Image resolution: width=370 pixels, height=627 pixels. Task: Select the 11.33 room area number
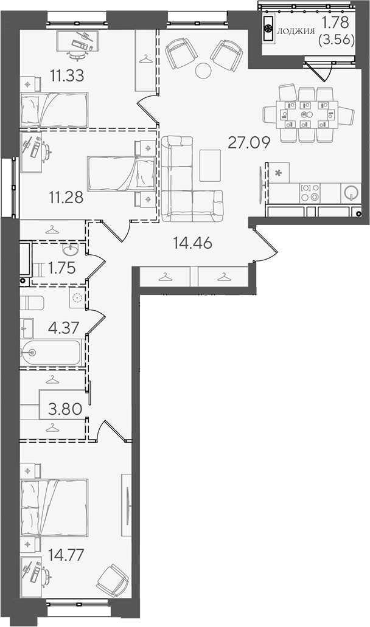click(x=67, y=75)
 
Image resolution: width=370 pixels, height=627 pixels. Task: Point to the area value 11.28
click(x=66, y=197)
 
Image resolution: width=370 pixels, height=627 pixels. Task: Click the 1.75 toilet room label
click(x=61, y=268)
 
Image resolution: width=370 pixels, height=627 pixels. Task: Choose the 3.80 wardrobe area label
click(x=65, y=409)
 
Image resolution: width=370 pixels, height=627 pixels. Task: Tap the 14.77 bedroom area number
click(x=66, y=555)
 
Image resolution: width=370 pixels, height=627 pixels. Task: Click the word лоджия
click(x=296, y=31)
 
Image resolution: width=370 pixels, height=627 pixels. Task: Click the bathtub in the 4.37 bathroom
click(x=52, y=353)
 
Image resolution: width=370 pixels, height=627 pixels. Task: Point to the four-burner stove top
click(x=310, y=192)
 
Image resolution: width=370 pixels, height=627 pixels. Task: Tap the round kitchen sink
click(x=351, y=192)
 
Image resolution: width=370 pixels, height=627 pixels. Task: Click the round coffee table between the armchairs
click(x=203, y=71)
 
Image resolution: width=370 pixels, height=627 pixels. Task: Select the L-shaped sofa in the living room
click(x=192, y=179)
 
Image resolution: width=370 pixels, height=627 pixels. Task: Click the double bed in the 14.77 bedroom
click(x=54, y=508)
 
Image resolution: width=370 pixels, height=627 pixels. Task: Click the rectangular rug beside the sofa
click(x=210, y=165)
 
